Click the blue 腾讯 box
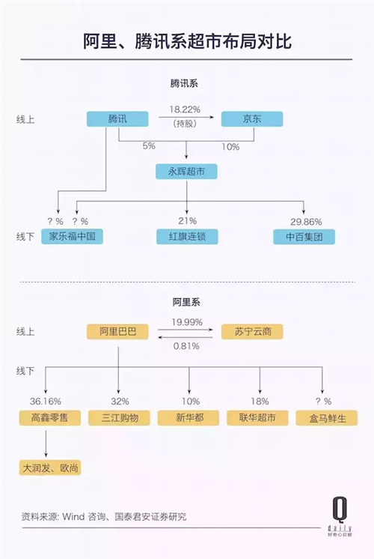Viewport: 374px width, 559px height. [117, 118]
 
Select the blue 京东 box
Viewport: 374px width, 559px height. [252, 118]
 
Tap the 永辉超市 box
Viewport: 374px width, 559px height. [186, 172]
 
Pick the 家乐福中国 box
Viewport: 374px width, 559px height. [73, 236]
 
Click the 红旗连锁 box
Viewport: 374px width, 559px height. [187, 236]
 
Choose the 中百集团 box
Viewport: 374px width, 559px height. [304, 237]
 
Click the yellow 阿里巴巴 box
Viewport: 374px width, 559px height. [117, 331]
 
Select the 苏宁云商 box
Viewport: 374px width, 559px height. [252, 331]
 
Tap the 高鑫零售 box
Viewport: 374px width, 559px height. [50, 418]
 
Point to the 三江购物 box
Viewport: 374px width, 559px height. [119, 418]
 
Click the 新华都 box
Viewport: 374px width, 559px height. [188, 418]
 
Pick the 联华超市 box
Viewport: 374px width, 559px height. [257, 418]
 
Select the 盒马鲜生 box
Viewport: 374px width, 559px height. [327, 418]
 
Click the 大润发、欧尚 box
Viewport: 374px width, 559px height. [50, 468]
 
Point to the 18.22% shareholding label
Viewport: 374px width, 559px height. [185, 109]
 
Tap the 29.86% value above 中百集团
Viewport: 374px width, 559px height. [306, 222]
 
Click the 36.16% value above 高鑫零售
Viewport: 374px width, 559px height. [46, 402]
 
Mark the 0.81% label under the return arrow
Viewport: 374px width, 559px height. [186, 345]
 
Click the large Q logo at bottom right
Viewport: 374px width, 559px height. [340, 510]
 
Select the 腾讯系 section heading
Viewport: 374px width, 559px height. [183, 84]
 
